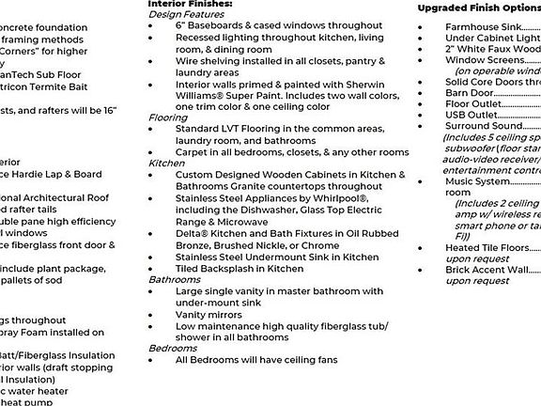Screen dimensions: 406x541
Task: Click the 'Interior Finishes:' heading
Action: pyautogui.click(x=183, y=5)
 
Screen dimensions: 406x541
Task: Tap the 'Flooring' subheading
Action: pyautogui.click(x=168, y=117)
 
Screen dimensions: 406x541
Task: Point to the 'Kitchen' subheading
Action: pyautogui.click(x=166, y=163)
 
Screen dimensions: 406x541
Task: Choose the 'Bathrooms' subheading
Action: pyautogui.click(x=174, y=280)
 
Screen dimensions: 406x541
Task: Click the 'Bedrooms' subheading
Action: pyautogui.click(x=173, y=348)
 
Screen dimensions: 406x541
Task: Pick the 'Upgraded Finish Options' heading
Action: pyautogui.click(x=478, y=8)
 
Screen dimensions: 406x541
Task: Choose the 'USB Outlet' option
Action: pyautogui.click(x=471, y=115)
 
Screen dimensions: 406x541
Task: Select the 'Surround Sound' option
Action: pyautogui.click(x=483, y=126)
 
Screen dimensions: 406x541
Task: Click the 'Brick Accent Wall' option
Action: pyautogui.click(x=487, y=270)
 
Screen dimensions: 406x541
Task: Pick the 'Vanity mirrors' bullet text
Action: pyautogui.click(x=209, y=314)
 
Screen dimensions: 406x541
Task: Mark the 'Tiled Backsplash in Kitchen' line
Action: pyautogui.click(x=240, y=268)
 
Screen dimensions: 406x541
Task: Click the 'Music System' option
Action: pyautogui.click(x=476, y=181)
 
